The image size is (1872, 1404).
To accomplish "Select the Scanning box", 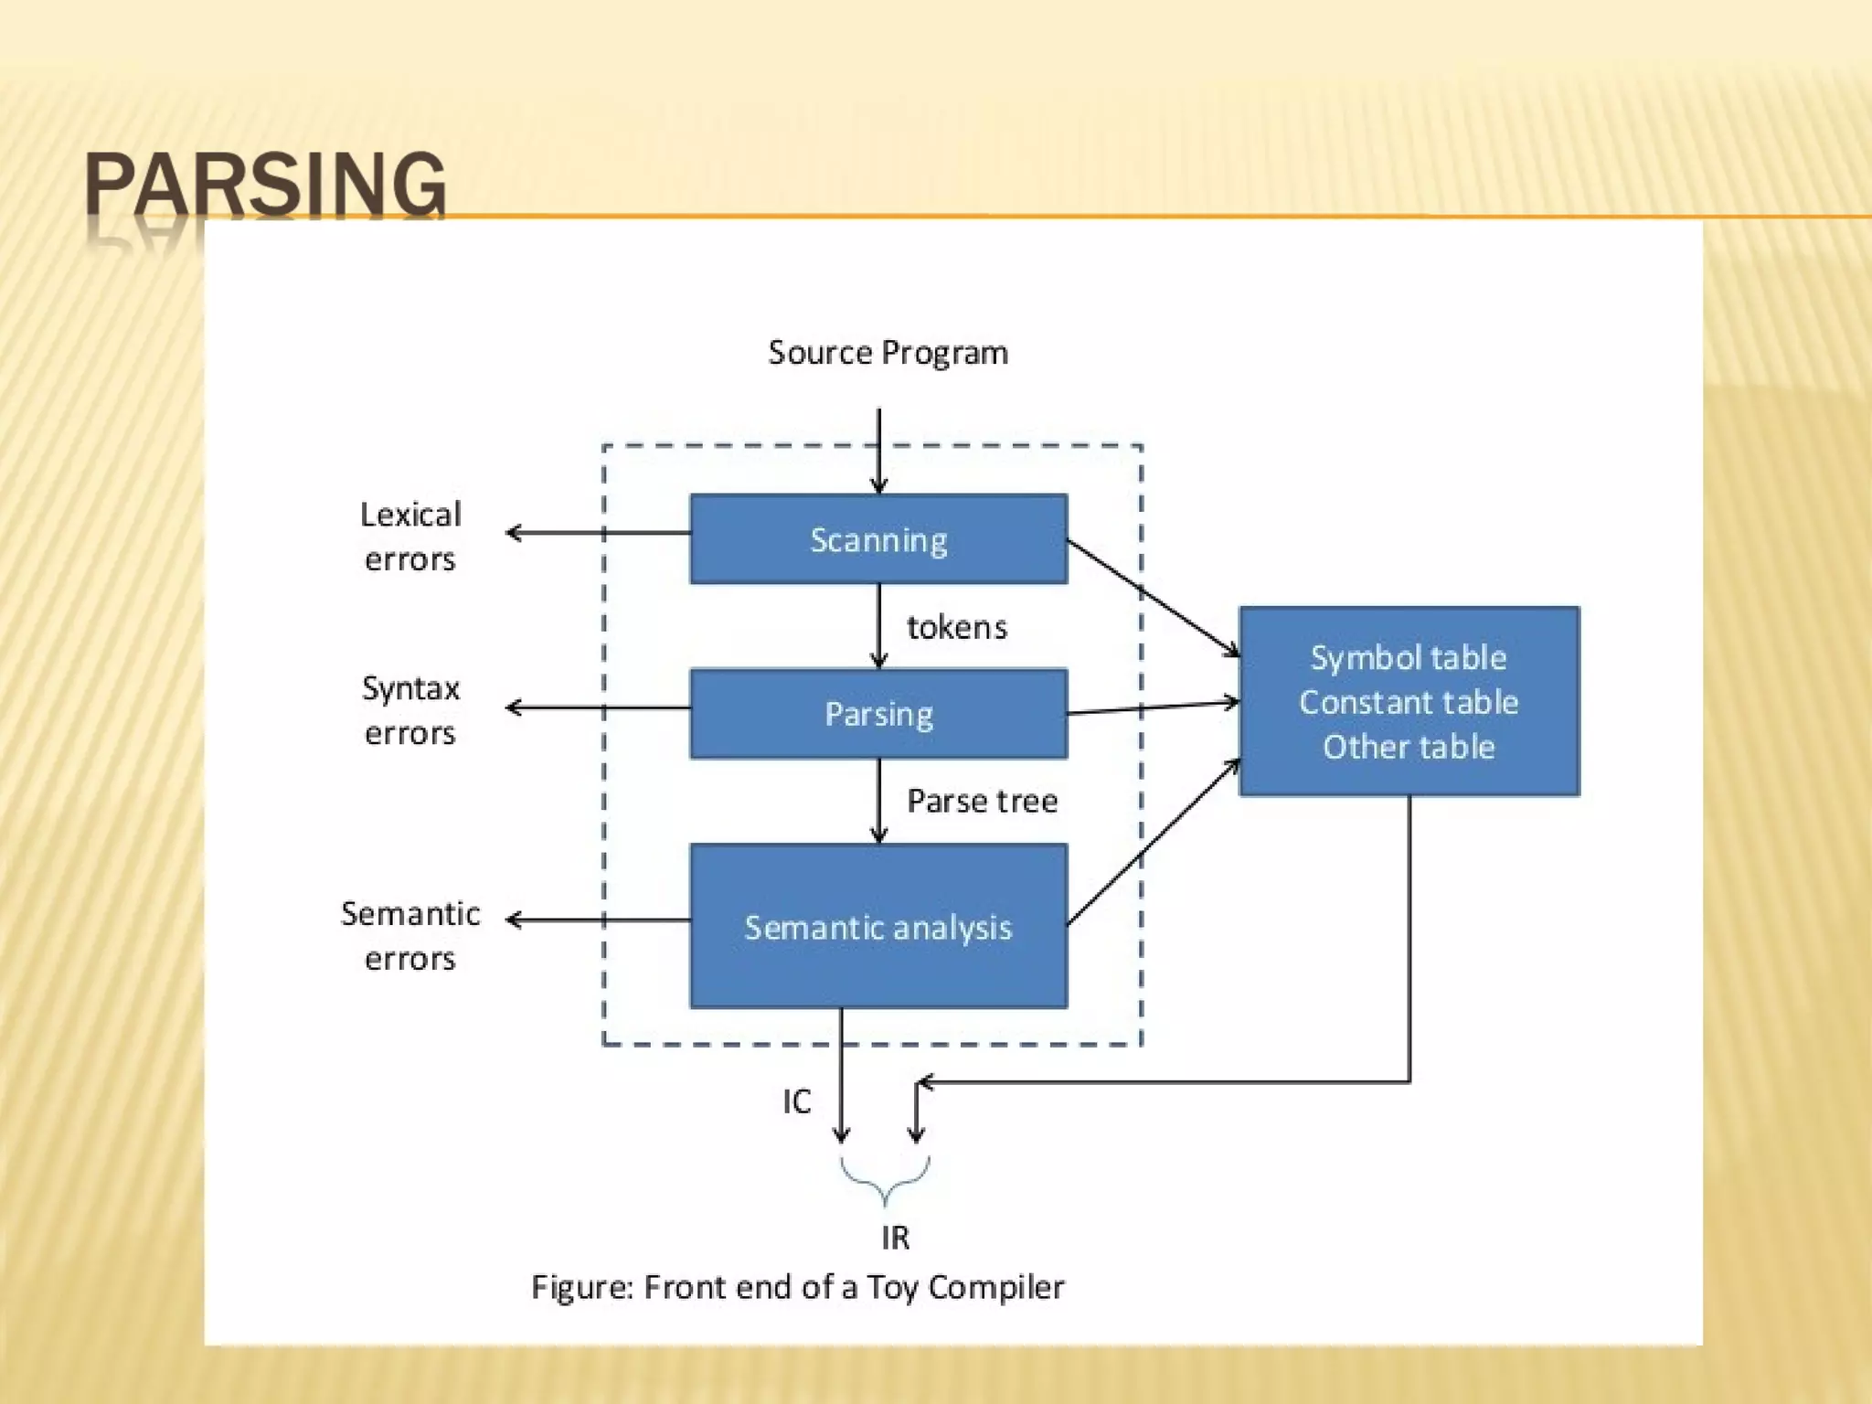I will [878, 539].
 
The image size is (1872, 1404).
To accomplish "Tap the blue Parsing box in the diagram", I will [878, 714].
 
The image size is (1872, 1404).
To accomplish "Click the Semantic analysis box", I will [878, 927].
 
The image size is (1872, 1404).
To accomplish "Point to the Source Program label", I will [888, 353].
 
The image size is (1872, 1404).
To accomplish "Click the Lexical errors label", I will [410, 537].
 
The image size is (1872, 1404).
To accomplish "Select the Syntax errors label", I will [410, 710].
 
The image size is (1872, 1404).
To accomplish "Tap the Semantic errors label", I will [410, 935].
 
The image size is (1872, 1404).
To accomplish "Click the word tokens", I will [956, 627].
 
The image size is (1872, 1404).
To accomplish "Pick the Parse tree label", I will [982, 801].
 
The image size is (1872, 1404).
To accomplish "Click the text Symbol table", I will [1409, 657].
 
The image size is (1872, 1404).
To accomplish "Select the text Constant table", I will [1409, 702].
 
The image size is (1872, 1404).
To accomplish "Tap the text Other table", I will [1409, 747].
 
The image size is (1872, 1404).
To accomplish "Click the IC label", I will [796, 1101].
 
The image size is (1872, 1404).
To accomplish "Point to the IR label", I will [895, 1238].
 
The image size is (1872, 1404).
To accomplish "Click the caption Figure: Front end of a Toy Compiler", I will [798, 1287].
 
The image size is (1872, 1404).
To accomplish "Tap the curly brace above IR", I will [885, 1180].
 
